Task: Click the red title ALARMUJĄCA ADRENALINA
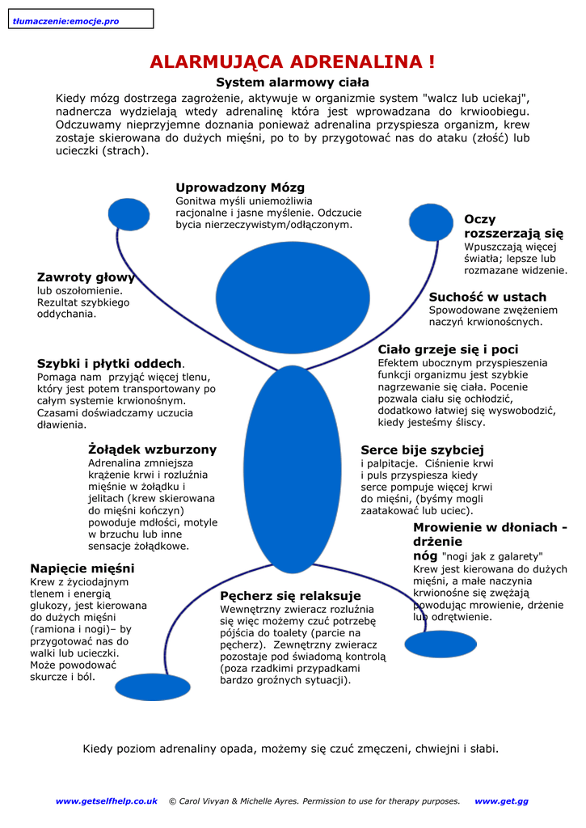[293, 62]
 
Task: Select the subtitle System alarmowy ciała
[293, 82]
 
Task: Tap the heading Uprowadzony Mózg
[240, 188]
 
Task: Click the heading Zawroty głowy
[86, 277]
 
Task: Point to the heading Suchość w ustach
[487, 297]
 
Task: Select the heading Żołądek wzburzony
[152, 449]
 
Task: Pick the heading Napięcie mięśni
[82, 568]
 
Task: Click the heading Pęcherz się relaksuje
[290, 596]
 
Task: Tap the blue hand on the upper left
[129, 214]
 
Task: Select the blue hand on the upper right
[432, 221]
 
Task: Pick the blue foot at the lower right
[441, 644]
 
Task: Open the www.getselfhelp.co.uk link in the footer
[106, 801]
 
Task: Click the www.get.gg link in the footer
[501, 801]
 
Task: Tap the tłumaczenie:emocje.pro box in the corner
[78, 19]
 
